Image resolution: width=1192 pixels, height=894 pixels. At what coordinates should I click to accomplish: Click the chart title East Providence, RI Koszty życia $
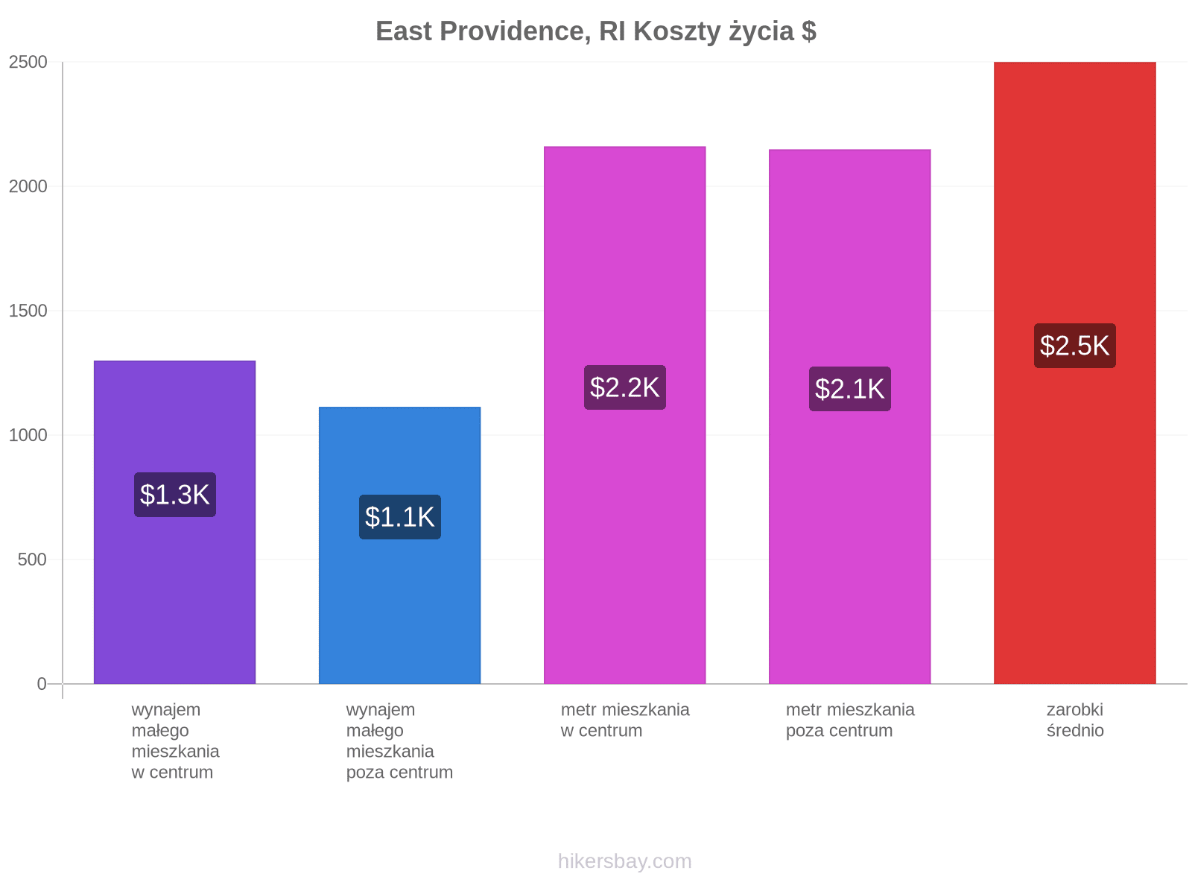tap(596, 31)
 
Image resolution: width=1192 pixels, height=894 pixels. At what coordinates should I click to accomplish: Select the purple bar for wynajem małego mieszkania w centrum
tap(174, 521)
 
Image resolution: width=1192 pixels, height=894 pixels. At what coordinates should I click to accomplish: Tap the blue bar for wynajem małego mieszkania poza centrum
tap(399, 545)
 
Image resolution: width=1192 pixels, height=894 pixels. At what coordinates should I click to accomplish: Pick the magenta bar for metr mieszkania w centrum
tap(624, 415)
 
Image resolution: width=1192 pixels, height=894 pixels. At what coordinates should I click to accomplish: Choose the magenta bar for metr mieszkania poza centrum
tap(849, 416)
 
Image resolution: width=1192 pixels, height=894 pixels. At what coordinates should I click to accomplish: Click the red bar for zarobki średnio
tap(1074, 372)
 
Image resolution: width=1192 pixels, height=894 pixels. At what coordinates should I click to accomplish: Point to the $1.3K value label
tap(175, 494)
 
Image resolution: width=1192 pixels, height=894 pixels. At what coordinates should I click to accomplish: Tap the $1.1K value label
tap(399, 516)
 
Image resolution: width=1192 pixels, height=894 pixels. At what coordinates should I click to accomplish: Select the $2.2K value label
tap(624, 387)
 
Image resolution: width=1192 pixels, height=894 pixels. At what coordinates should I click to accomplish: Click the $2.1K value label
tap(849, 388)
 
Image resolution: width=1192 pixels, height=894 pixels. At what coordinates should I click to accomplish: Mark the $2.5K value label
tap(1074, 345)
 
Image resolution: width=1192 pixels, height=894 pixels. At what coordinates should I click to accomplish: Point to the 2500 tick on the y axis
tap(28, 62)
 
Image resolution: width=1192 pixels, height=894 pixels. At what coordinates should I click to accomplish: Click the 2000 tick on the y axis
tap(28, 186)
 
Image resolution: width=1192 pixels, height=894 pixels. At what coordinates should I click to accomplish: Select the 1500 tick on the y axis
tap(28, 311)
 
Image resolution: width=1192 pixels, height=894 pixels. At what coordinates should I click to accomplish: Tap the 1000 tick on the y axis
tap(28, 435)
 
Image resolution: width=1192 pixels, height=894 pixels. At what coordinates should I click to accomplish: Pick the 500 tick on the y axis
tap(32, 559)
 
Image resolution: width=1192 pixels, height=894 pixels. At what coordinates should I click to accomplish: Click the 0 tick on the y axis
tap(42, 683)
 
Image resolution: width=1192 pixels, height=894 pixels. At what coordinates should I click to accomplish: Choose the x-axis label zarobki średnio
tap(1075, 720)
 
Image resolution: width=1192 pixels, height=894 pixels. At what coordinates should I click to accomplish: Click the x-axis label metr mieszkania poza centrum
tap(850, 720)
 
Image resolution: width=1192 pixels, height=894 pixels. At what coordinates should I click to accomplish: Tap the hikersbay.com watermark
tap(624, 861)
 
